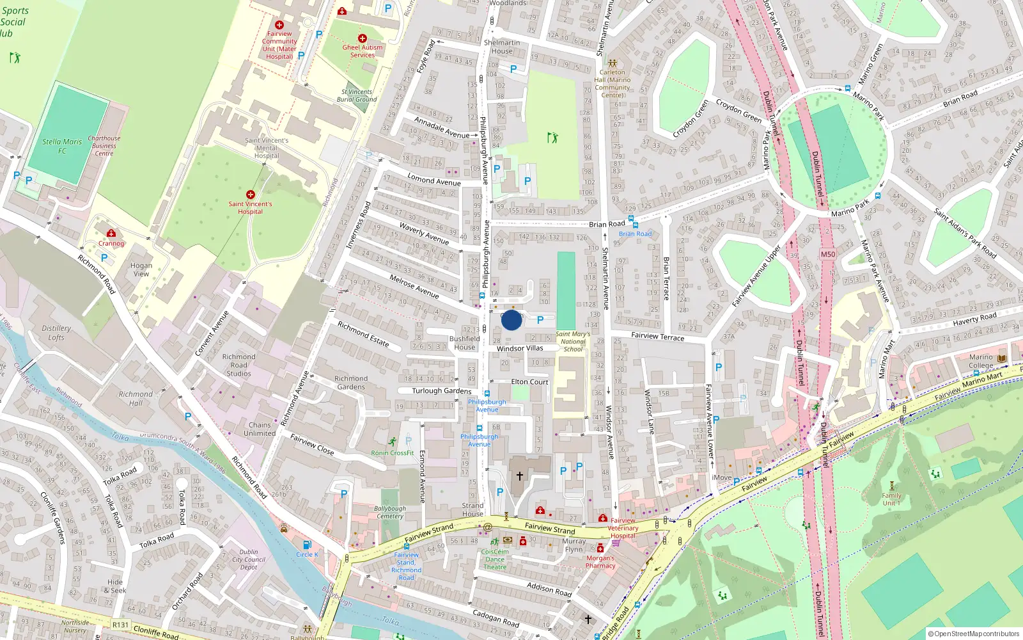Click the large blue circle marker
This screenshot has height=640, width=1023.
(511, 320)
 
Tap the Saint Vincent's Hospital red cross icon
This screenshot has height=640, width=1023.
(251, 195)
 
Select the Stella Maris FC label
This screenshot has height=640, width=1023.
(62, 146)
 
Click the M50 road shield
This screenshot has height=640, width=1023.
(828, 254)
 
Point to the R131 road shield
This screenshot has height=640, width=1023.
(120, 625)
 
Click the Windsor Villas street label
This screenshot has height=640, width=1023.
(520, 349)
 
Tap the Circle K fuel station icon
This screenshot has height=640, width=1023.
(307, 545)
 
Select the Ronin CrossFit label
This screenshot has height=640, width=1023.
(393, 452)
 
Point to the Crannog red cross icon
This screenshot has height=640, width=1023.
(111, 234)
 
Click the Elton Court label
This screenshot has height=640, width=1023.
(529, 381)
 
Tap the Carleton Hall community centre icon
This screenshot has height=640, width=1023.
(613, 63)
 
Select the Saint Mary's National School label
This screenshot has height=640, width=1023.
(573, 342)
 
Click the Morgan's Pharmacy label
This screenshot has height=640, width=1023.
(600, 562)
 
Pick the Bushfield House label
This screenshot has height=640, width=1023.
(465, 343)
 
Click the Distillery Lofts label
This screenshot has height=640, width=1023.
(56, 333)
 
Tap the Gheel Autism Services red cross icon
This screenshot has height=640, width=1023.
(363, 38)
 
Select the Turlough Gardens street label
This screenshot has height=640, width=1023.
(442, 390)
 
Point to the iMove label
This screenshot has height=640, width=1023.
(722, 477)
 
